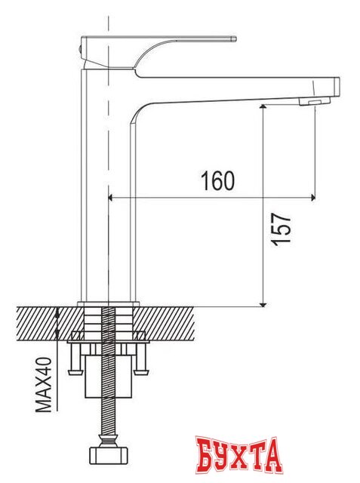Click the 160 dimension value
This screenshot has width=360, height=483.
(217, 181)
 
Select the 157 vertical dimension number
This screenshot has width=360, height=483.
(280, 228)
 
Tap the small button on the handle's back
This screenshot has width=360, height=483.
(81, 47)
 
